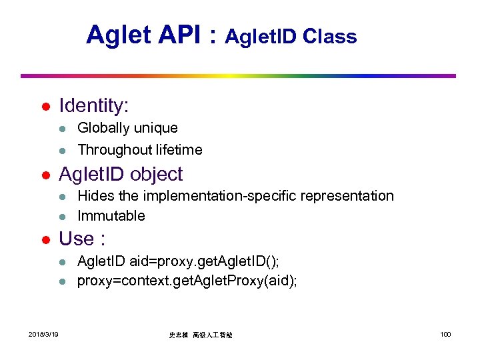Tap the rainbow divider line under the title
239,75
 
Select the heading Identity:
94,106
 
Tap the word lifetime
179,150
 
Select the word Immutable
111,216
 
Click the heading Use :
83,239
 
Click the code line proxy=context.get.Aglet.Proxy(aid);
187,281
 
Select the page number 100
445,333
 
